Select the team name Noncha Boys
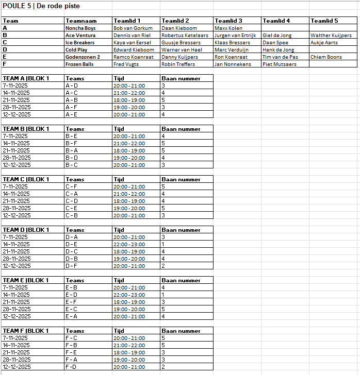tap(80, 28)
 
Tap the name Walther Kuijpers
tap(331, 36)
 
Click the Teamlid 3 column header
tap(228, 21)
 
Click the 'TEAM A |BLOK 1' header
tap(26, 79)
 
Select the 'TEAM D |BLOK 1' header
tap(26, 230)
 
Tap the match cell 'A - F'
tap(72, 108)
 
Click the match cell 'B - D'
tap(72, 158)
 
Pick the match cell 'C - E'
tap(72, 209)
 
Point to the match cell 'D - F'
tap(72, 266)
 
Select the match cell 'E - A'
tap(72, 317)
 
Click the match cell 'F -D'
tap(71, 367)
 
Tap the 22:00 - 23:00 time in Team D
tap(129, 245)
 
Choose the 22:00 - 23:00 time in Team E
tap(129, 295)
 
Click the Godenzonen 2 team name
tap(83, 57)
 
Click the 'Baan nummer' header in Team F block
tap(181, 331)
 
